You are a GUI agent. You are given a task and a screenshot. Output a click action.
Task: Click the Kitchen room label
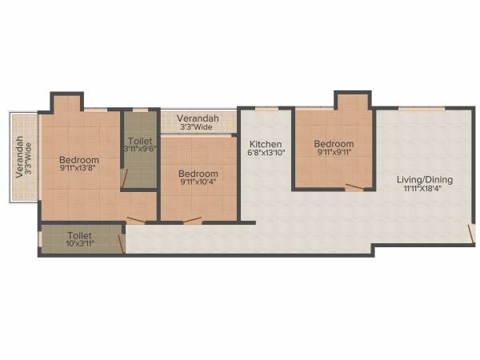coord(266,143)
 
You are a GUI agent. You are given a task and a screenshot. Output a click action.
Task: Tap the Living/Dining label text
coord(425,180)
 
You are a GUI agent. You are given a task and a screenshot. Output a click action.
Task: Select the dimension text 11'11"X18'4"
coord(425,190)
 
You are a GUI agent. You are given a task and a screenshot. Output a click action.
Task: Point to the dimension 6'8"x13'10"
coord(266,153)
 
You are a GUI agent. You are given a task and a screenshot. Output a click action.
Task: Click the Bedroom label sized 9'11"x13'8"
coord(79,160)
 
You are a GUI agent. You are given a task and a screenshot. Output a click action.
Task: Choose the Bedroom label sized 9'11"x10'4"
coord(198,174)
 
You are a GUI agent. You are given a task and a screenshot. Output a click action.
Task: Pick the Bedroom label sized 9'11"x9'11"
coord(334,144)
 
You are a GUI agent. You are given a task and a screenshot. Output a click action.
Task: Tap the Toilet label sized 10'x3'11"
coord(79,236)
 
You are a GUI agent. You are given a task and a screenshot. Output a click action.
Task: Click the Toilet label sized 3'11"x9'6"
coord(139,141)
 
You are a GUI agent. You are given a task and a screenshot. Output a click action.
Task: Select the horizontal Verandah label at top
coord(197,118)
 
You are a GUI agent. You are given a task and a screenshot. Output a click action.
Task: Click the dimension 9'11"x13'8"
coord(79,169)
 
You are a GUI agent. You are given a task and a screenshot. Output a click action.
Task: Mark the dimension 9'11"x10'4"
coord(198,183)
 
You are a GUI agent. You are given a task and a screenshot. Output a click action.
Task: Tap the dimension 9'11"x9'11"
coord(334,154)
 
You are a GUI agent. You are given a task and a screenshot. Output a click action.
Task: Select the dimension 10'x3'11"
coord(79,245)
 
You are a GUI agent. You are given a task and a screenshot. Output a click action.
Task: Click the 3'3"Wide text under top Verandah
coord(197,126)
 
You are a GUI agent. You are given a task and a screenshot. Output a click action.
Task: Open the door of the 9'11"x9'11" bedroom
coord(354,188)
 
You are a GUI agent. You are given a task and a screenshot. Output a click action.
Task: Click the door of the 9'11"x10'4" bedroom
coord(192,219)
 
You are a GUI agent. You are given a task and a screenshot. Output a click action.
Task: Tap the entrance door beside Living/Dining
coord(471,234)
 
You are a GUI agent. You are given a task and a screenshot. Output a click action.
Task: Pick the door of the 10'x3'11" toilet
coord(121,242)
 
